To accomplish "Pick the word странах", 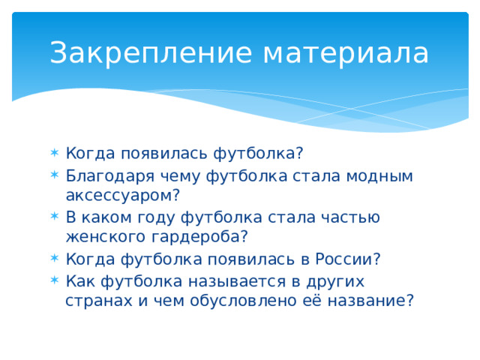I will point(94,301).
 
